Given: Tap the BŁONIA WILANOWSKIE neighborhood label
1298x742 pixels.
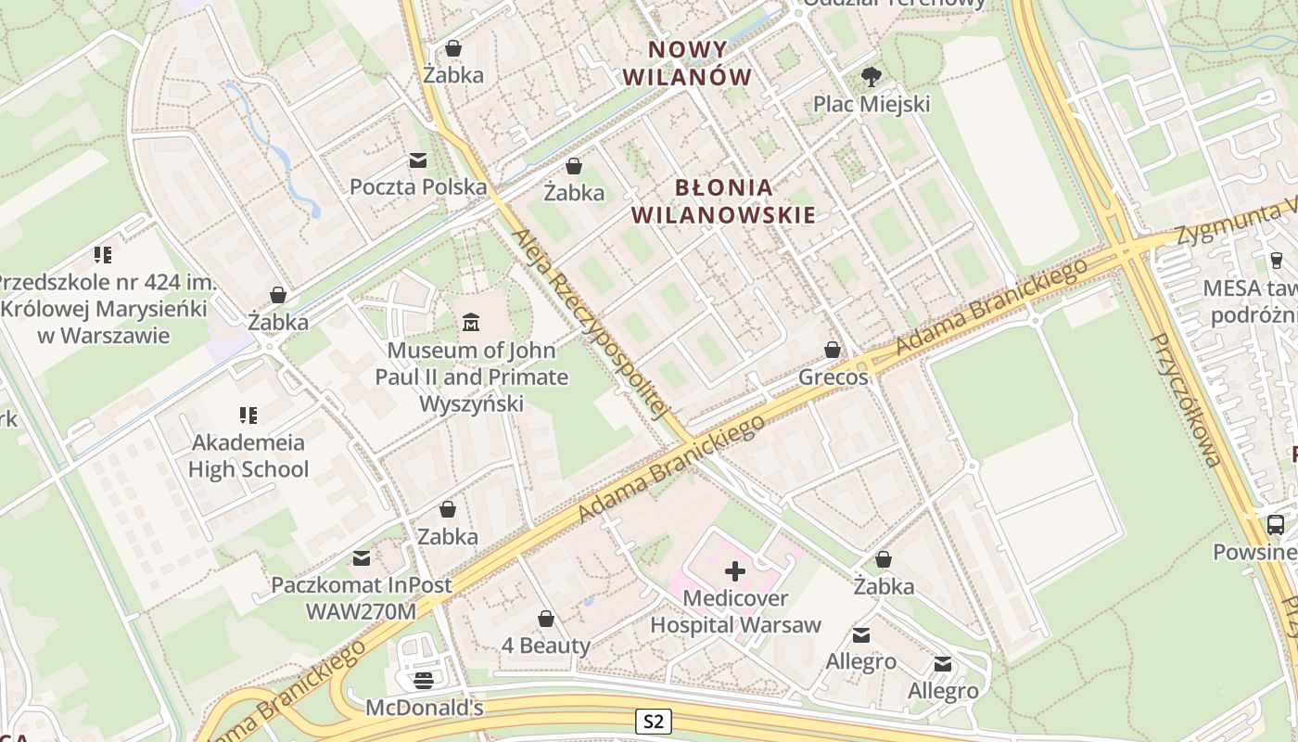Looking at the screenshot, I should (x=723, y=201).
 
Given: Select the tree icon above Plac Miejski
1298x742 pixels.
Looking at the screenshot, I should (x=871, y=77).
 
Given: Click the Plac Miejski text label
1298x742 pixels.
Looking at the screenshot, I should (x=871, y=104).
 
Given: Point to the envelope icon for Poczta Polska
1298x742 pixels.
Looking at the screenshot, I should (x=418, y=160).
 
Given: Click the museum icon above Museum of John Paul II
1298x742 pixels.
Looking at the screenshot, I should (x=471, y=323).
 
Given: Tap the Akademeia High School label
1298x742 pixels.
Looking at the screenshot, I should (x=248, y=455).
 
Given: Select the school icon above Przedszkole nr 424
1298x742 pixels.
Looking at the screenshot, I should (x=103, y=254).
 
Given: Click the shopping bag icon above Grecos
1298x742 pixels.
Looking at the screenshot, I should (x=833, y=350).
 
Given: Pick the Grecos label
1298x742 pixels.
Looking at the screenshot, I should (x=834, y=377).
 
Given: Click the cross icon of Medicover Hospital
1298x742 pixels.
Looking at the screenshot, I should (x=734, y=570).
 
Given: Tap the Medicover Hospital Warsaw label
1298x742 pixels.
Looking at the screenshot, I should (x=735, y=611).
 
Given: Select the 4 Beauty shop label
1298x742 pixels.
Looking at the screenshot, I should (x=545, y=646).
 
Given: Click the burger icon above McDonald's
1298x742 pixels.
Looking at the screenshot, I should (x=424, y=681).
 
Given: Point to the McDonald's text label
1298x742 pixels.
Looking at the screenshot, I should (x=424, y=708).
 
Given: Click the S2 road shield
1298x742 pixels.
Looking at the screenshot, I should (x=654, y=722).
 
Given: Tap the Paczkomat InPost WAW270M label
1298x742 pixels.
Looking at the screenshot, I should (x=362, y=598).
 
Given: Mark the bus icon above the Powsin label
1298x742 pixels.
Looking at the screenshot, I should (x=1276, y=524).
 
